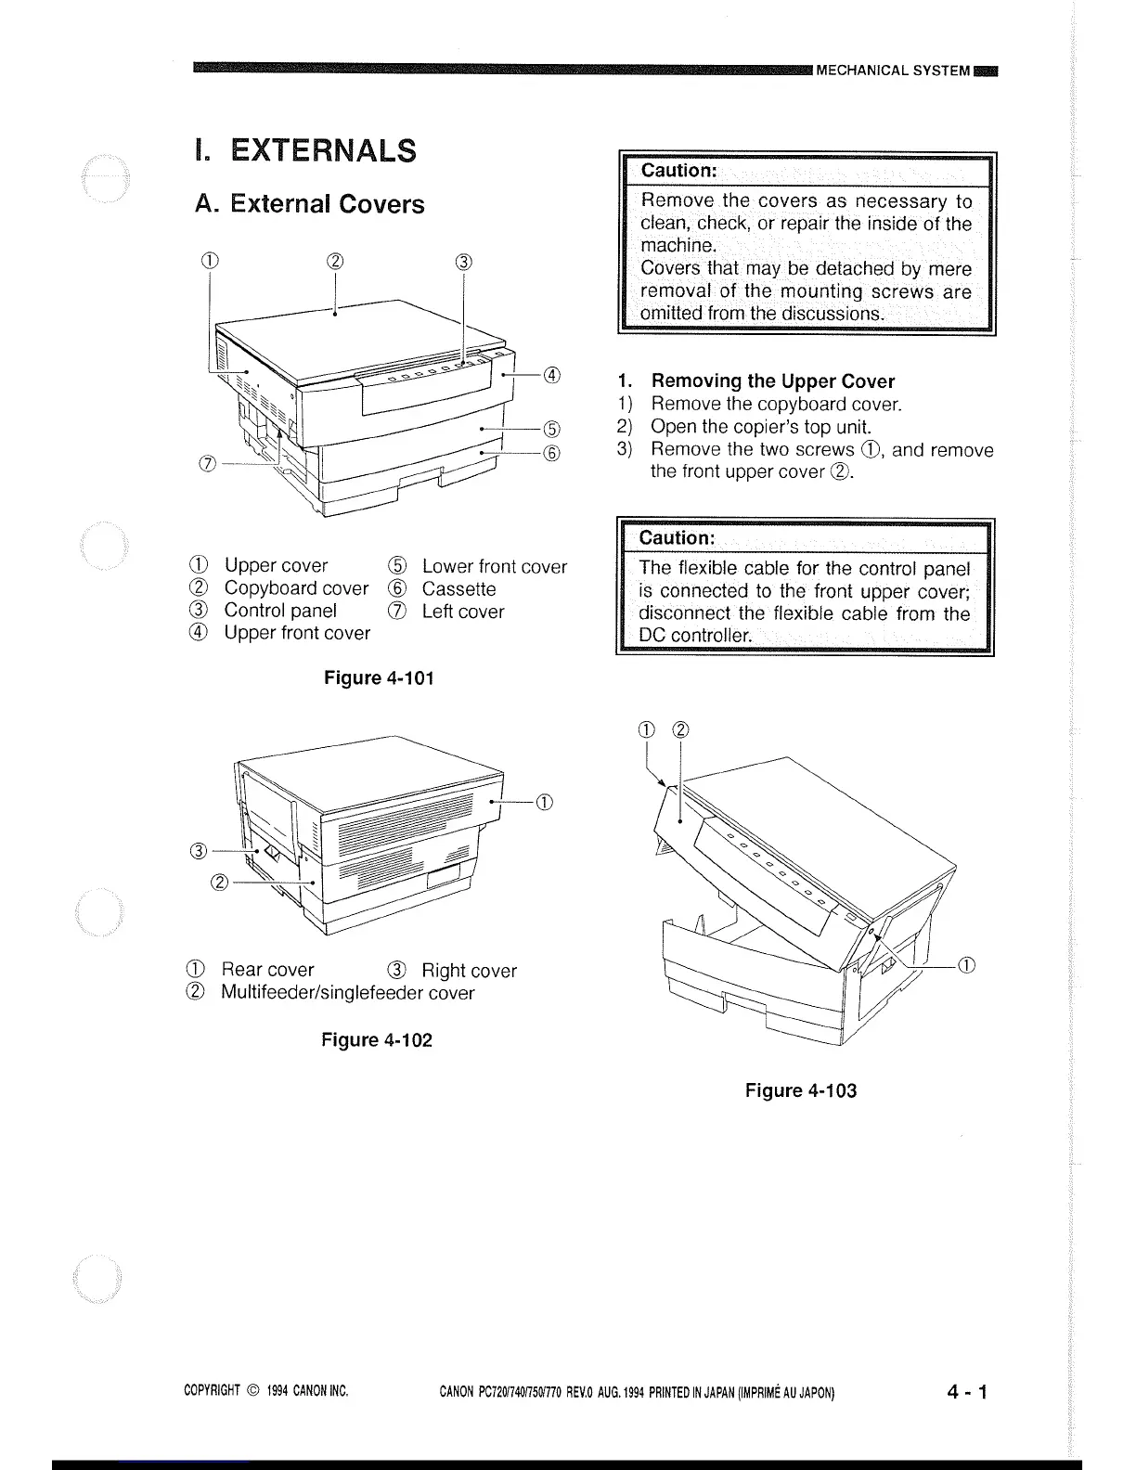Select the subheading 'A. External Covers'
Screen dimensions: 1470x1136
tap(309, 204)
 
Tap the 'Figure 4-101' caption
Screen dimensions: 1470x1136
tap(379, 677)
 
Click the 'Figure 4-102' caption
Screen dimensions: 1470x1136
tap(377, 1039)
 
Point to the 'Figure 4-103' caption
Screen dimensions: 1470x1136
tap(801, 1090)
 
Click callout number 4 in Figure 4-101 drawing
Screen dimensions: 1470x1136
tap(552, 375)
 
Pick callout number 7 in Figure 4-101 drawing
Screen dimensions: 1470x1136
tap(208, 463)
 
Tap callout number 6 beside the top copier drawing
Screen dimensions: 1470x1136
tap(552, 453)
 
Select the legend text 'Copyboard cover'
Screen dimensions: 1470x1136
tap(296, 588)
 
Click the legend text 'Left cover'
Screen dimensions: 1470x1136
tap(463, 612)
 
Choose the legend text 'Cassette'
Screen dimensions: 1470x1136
tap(458, 588)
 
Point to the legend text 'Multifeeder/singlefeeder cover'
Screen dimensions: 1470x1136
tap(347, 993)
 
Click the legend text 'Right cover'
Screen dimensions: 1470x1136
tap(469, 971)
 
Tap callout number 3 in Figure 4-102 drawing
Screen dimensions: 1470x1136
tap(198, 850)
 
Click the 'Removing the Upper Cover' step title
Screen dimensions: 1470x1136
tap(772, 380)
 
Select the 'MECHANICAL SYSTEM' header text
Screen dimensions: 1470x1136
tap(893, 71)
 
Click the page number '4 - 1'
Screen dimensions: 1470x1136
tap(968, 1391)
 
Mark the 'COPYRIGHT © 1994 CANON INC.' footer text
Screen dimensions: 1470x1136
tap(266, 1391)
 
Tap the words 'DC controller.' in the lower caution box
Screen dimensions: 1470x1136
tap(695, 636)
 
